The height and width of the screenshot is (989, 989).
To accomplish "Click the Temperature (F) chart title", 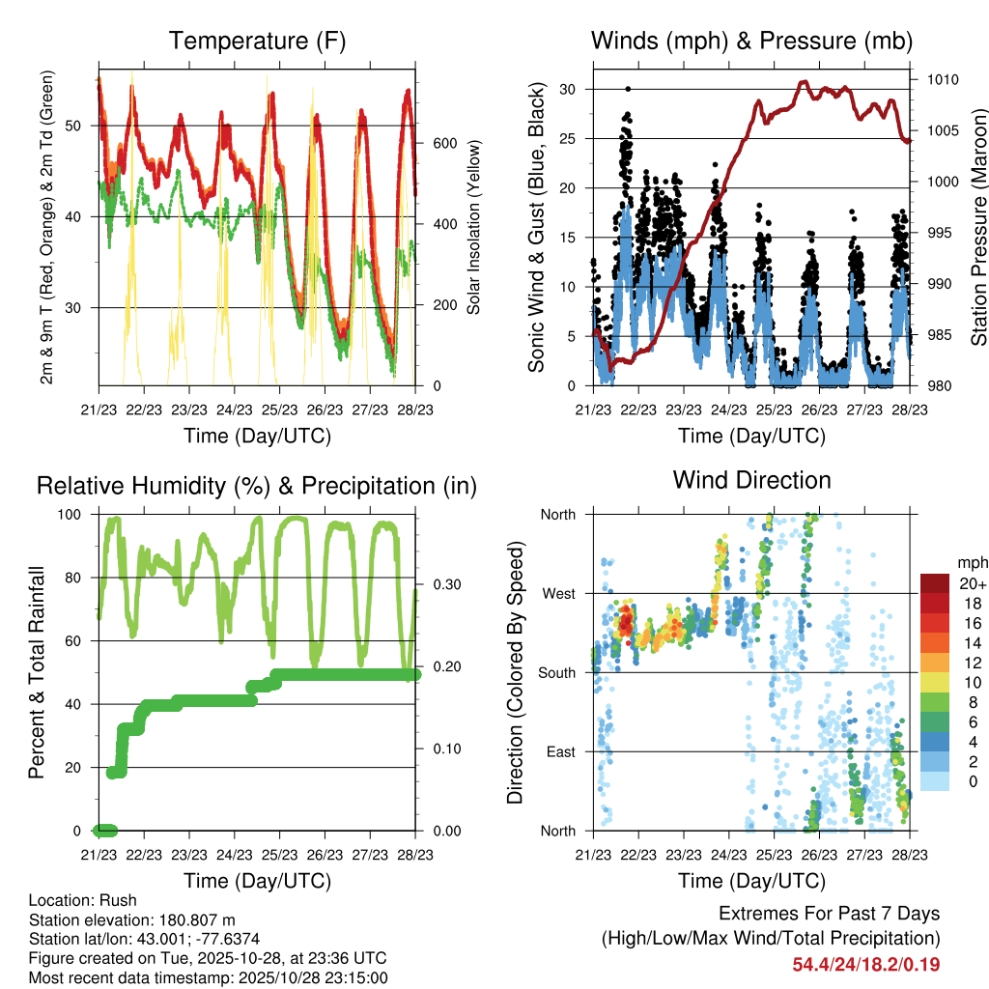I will click(257, 42).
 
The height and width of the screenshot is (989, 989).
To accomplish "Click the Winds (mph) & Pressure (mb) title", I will click(751, 42).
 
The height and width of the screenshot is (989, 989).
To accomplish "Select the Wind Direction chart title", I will click(751, 480).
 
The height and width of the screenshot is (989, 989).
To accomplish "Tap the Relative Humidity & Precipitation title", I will click(257, 486).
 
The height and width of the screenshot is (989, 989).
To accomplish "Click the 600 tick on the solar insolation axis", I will click(445, 143).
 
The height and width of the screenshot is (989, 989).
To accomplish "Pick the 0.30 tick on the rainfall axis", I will click(445, 583).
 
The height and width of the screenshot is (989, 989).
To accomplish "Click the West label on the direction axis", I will click(559, 593).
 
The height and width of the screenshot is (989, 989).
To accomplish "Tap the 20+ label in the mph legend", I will click(970, 583).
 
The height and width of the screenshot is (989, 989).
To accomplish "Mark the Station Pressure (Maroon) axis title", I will click(977, 227).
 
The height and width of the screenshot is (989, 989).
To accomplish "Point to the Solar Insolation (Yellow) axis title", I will click(473, 227).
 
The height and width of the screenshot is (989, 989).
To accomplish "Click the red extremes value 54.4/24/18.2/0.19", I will click(865, 965).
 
